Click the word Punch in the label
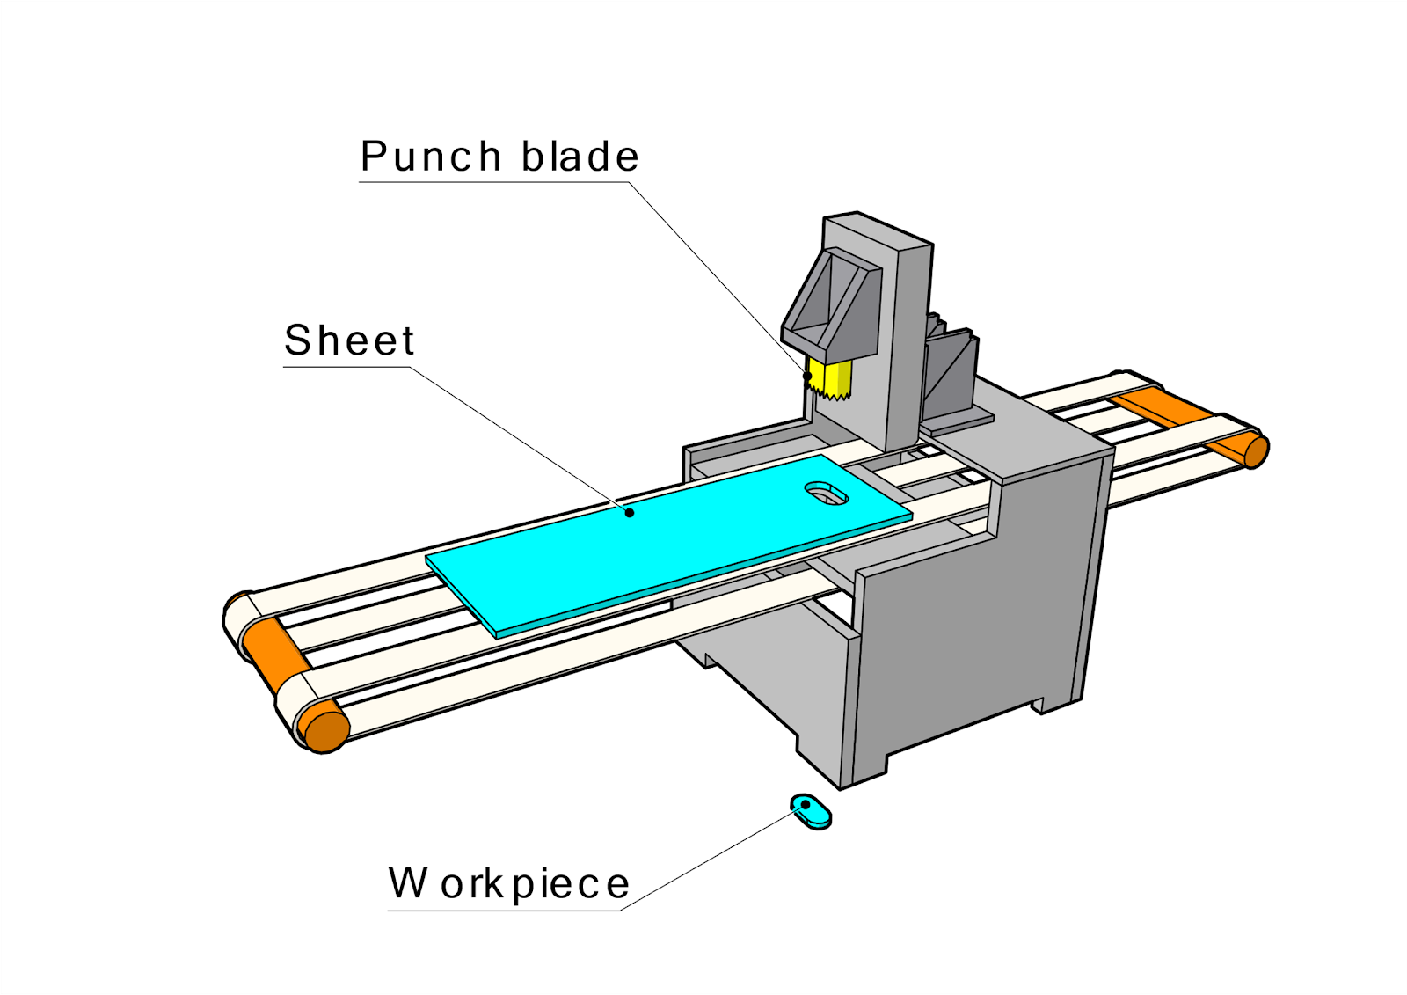coord(430,157)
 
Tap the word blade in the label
coord(580,157)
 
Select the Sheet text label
coord(349,340)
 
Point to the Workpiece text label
coord(509,884)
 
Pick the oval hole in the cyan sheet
coord(826,494)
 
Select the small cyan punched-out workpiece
coord(812,811)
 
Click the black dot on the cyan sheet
coord(630,512)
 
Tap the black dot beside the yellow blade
coord(807,377)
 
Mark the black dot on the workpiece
coord(805,804)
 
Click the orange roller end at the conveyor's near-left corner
coord(324,728)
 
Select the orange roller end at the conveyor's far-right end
coord(1256,451)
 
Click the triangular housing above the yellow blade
coord(831,299)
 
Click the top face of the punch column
coord(878,230)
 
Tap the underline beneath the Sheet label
coord(347,367)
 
